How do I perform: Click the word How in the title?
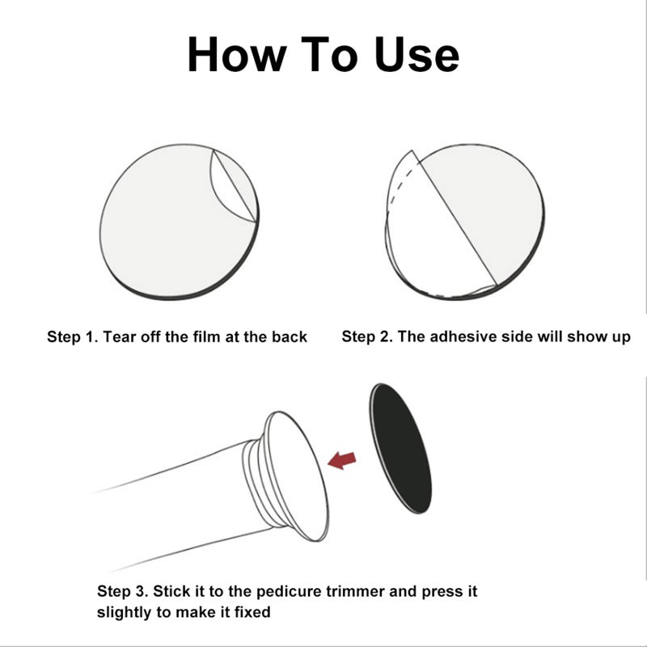point(237,54)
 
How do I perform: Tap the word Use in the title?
point(417,54)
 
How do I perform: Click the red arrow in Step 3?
point(341,460)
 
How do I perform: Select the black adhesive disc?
point(400,449)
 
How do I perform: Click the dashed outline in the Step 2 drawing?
point(402,181)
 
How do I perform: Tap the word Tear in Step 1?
point(120,336)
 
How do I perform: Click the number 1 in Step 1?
point(90,337)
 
